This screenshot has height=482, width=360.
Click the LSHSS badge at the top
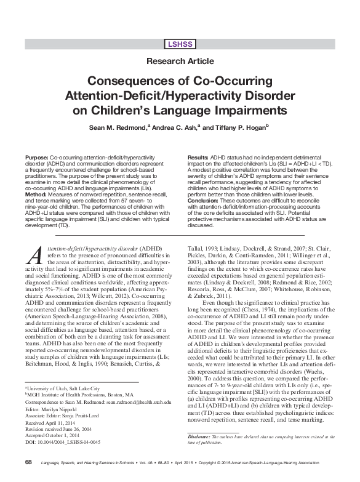(180, 44)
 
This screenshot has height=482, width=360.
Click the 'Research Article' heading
(180, 62)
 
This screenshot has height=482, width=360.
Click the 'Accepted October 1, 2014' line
(54, 419)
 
